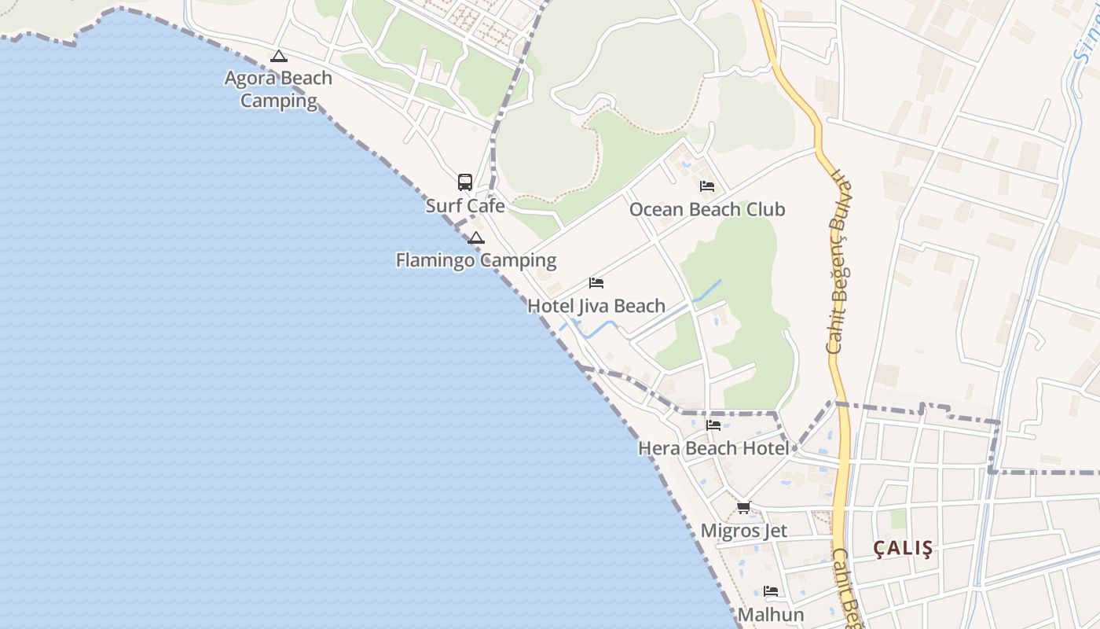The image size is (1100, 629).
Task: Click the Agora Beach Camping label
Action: tap(278, 90)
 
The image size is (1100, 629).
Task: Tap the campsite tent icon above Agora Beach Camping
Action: tap(278, 57)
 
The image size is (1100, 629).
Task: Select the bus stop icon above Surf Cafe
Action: tap(465, 182)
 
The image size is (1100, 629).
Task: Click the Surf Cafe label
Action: tap(465, 206)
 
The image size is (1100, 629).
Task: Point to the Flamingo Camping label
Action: tap(476, 260)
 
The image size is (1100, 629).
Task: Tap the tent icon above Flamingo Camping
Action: tap(475, 237)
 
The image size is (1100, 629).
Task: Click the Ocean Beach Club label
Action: tap(707, 210)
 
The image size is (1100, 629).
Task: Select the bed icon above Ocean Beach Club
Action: tap(707, 186)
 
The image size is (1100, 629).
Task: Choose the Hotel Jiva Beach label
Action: tap(596, 306)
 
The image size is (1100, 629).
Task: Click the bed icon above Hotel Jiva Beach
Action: tap(596, 283)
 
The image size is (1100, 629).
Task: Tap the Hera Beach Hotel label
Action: tap(713, 448)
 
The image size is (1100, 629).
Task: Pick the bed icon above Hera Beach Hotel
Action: tap(713, 425)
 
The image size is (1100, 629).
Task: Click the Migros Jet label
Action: tap(743, 531)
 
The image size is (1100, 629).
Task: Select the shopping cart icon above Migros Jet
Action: tap(743, 508)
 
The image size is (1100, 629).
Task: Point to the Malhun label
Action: tap(771, 615)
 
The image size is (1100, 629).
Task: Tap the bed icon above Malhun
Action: tap(771, 591)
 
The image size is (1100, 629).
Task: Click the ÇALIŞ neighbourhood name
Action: tap(904, 549)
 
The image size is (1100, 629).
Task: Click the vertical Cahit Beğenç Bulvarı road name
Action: tap(841, 259)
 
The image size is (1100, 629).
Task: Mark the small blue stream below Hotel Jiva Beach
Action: tap(597, 329)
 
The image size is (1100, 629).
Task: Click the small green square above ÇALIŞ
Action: tap(898, 519)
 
